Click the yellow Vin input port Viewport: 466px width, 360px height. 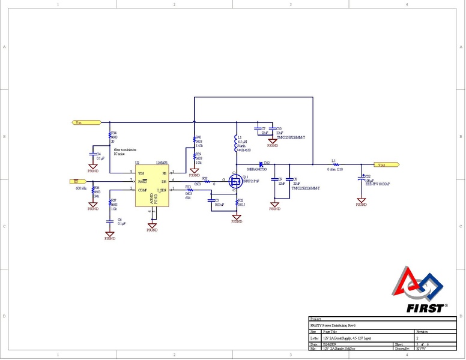[77, 122]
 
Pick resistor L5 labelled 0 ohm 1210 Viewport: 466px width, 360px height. [334, 164]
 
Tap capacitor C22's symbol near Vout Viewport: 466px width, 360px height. [361, 178]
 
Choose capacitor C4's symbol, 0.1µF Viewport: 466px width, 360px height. [93, 154]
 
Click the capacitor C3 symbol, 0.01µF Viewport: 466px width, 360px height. [211, 200]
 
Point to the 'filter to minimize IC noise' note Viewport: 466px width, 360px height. [125, 151]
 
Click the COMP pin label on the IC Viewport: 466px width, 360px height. [142, 190]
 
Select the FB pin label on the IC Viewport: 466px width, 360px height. [164, 172]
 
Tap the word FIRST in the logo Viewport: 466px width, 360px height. [425, 308]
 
